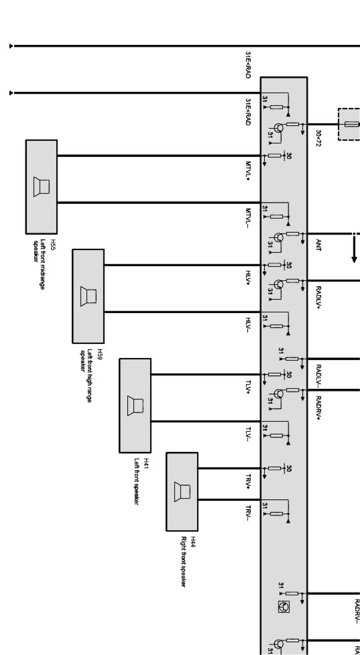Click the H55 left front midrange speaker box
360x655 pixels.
[x=41, y=187]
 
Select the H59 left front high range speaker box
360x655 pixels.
[x=88, y=296]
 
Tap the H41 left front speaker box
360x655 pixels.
[x=135, y=405]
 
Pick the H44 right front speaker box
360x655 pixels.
[x=182, y=491]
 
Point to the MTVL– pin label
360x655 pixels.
[x=248, y=218]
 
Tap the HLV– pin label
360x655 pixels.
[x=248, y=325]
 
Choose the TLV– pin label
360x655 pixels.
[x=248, y=435]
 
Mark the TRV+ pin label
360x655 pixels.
[x=248, y=481]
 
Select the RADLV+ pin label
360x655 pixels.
[x=318, y=297]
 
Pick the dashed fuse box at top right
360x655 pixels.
[x=349, y=124]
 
